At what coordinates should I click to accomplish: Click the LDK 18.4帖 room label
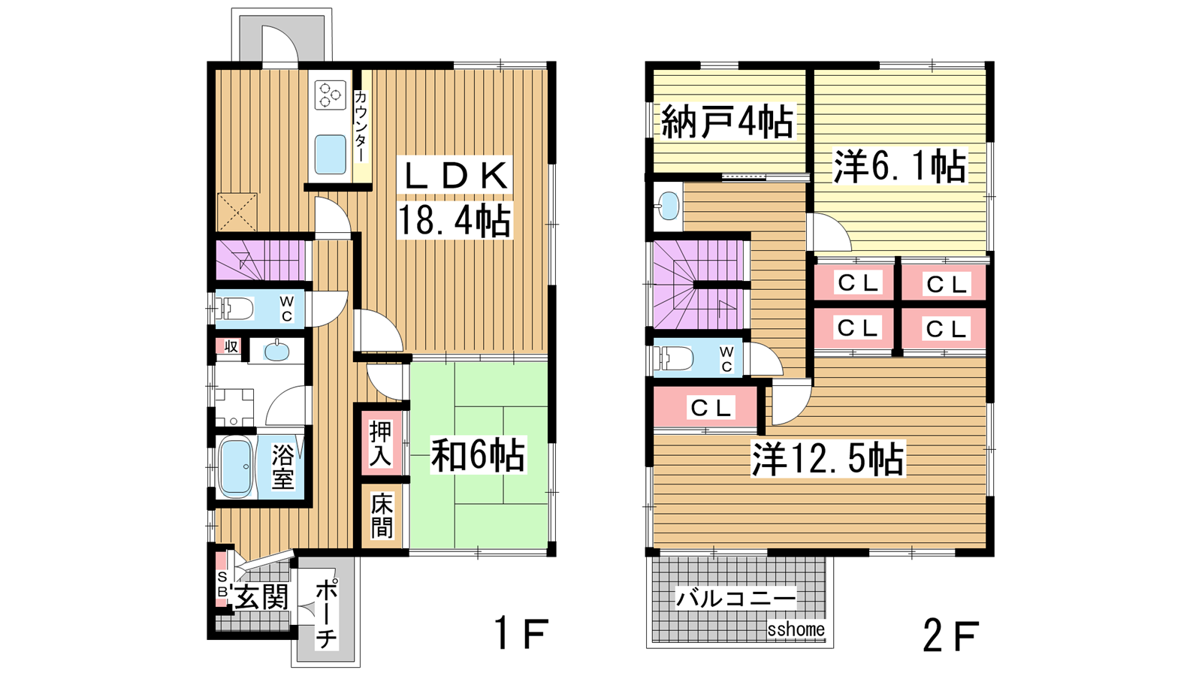coord(454,198)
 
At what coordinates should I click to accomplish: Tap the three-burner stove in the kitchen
coord(330,95)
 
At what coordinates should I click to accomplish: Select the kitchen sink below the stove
coord(330,154)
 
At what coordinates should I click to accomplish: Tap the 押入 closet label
coord(381,443)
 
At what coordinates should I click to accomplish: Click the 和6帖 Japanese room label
coord(478,455)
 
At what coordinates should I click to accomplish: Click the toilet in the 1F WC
coord(234,309)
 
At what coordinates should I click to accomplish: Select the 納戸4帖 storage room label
coord(727,122)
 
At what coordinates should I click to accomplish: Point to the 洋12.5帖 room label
coord(828,459)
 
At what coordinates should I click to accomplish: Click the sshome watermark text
coord(796,629)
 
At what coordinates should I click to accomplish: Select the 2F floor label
coord(951,635)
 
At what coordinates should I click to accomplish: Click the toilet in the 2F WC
coord(673,358)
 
